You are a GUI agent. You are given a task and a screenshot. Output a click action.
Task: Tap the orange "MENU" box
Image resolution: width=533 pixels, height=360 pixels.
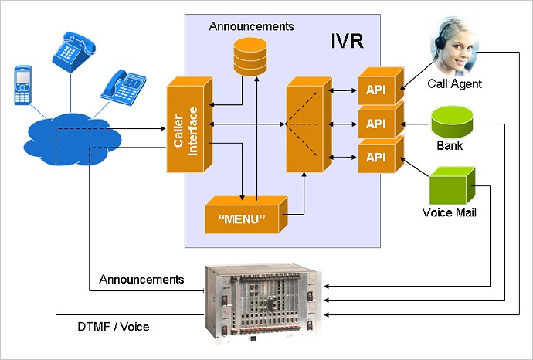[x=244, y=218]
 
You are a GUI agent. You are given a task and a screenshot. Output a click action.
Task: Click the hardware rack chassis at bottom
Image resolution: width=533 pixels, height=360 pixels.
[x=263, y=302]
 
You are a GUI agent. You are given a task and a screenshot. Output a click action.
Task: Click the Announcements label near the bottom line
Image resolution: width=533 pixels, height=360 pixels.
[x=142, y=278]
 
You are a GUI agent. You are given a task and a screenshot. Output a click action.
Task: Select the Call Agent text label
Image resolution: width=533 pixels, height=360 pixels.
[x=454, y=83]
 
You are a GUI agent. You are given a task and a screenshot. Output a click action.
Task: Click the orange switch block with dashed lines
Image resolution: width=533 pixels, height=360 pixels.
[x=304, y=124]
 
